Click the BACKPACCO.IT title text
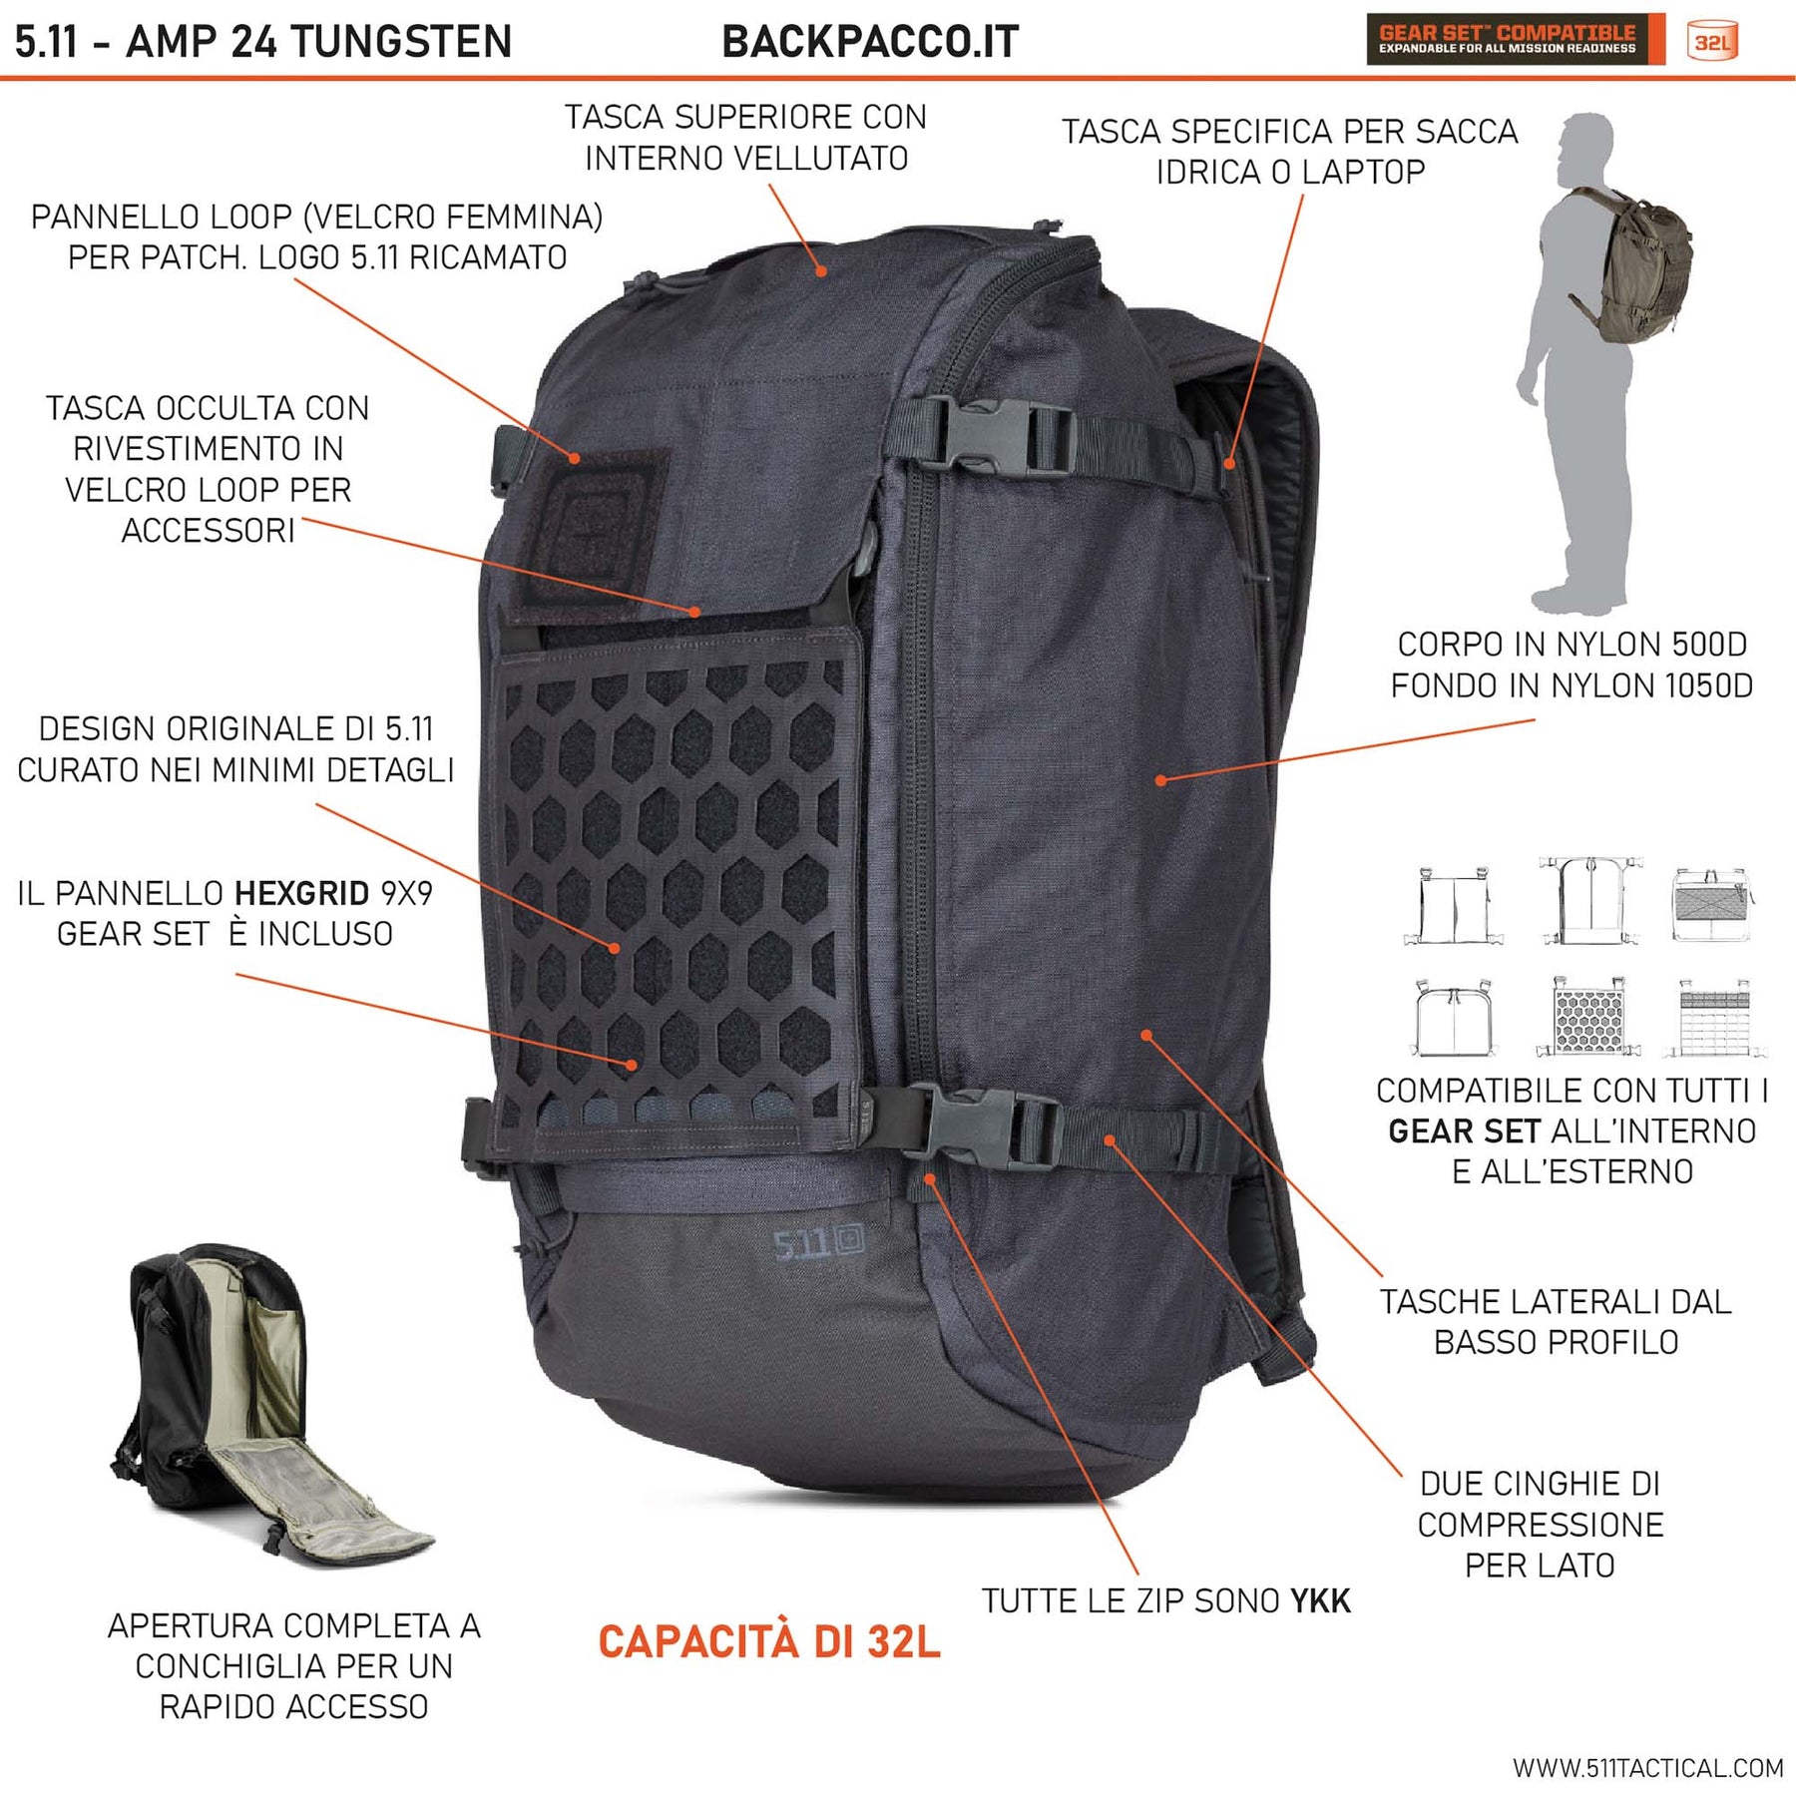pyautogui.click(x=870, y=42)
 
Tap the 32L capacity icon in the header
pyautogui.click(x=1712, y=42)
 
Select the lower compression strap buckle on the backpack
pyautogui.click(x=988, y=1125)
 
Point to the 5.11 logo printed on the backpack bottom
pyautogui.click(x=819, y=1242)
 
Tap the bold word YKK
pyautogui.click(x=1320, y=1601)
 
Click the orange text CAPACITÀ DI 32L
pyautogui.click(x=768, y=1642)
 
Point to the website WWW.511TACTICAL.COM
pyautogui.click(x=1647, y=1769)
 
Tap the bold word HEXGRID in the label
pyautogui.click(x=301, y=893)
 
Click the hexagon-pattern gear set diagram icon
pyautogui.click(x=1588, y=1016)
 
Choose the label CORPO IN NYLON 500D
pyautogui.click(x=1571, y=645)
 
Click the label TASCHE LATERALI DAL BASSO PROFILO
pyautogui.click(x=1556, y=1322)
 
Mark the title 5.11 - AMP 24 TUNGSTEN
pyautogui.click(x=263, y=42)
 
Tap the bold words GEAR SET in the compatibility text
pyautogui.click(x=1464, y=1131)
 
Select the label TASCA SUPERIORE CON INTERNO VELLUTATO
pyautogui.click(x=745, y=138)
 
